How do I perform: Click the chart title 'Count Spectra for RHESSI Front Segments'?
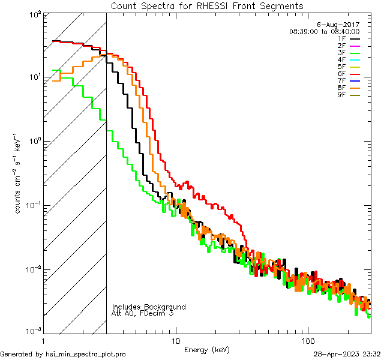tap(207, 5)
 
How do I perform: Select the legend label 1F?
tap(341, 38)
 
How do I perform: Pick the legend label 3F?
tap(341, 52)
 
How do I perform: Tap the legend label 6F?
tap(341, 74)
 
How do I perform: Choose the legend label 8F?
tap(341, 88)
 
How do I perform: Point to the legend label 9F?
tap(341, 95)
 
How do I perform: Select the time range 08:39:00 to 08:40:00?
tap(324, 31)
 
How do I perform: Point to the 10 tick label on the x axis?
tap(175, 340)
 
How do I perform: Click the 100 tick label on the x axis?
tap(307, 340)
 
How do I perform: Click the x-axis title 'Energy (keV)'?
tap(207, 349)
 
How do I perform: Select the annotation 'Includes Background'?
tap(149, 307)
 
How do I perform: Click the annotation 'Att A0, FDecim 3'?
tap(143, 313)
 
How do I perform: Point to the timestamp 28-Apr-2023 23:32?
tap(347, 354)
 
